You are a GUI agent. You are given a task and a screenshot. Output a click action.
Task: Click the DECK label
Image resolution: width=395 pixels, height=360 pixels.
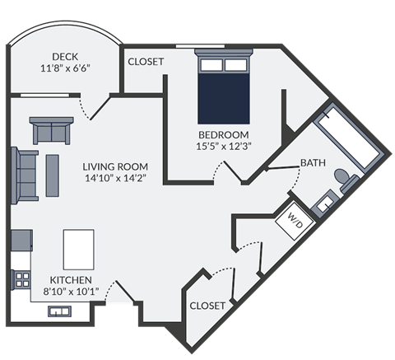65,56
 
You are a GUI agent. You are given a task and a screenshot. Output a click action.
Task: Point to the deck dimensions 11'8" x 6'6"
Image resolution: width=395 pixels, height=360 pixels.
65,68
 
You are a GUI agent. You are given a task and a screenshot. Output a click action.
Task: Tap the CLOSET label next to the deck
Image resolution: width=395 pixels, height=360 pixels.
145,62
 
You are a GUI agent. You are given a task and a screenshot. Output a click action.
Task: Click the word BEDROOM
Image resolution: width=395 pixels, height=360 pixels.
224,133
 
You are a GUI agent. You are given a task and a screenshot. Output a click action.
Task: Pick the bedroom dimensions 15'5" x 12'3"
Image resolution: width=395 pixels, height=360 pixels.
224,146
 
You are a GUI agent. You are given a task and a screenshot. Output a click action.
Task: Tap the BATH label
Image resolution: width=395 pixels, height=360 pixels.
312,162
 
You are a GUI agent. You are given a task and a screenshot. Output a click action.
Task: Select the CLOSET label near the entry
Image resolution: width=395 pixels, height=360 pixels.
207,305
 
